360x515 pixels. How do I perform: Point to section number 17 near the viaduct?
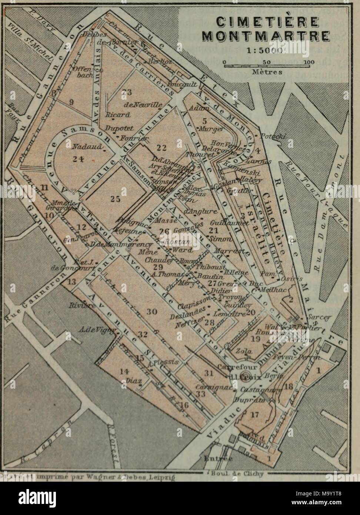click(x=254, y=414)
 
